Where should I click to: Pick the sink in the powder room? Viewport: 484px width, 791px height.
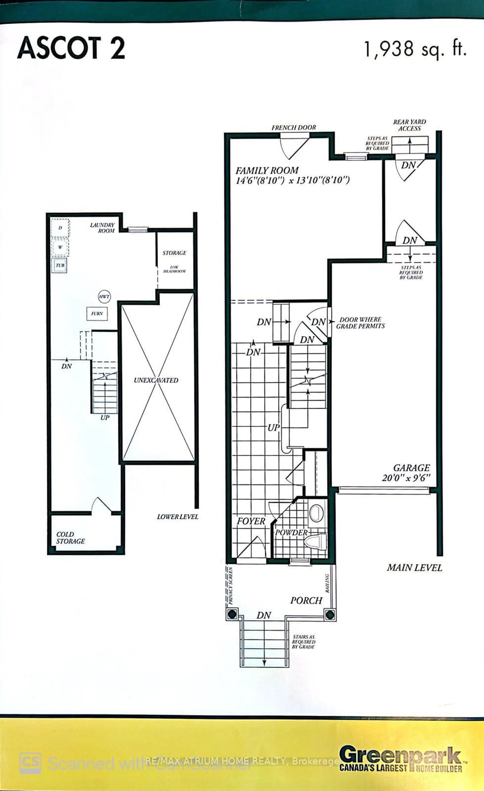point(316,513)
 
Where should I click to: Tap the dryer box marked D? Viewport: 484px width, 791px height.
point(60,228)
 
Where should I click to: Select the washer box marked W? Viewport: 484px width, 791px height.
point(60,247)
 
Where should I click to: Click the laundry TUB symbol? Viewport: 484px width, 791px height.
point(60,265)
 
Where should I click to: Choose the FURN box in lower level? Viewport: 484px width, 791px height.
point(97,314)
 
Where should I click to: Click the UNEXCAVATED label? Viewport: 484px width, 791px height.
point(156,380)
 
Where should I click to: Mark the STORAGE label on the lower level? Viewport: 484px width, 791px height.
point(174,253)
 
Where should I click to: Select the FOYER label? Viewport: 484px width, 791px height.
point(251,521)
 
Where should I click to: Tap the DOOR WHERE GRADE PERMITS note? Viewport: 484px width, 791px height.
point(360,323)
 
